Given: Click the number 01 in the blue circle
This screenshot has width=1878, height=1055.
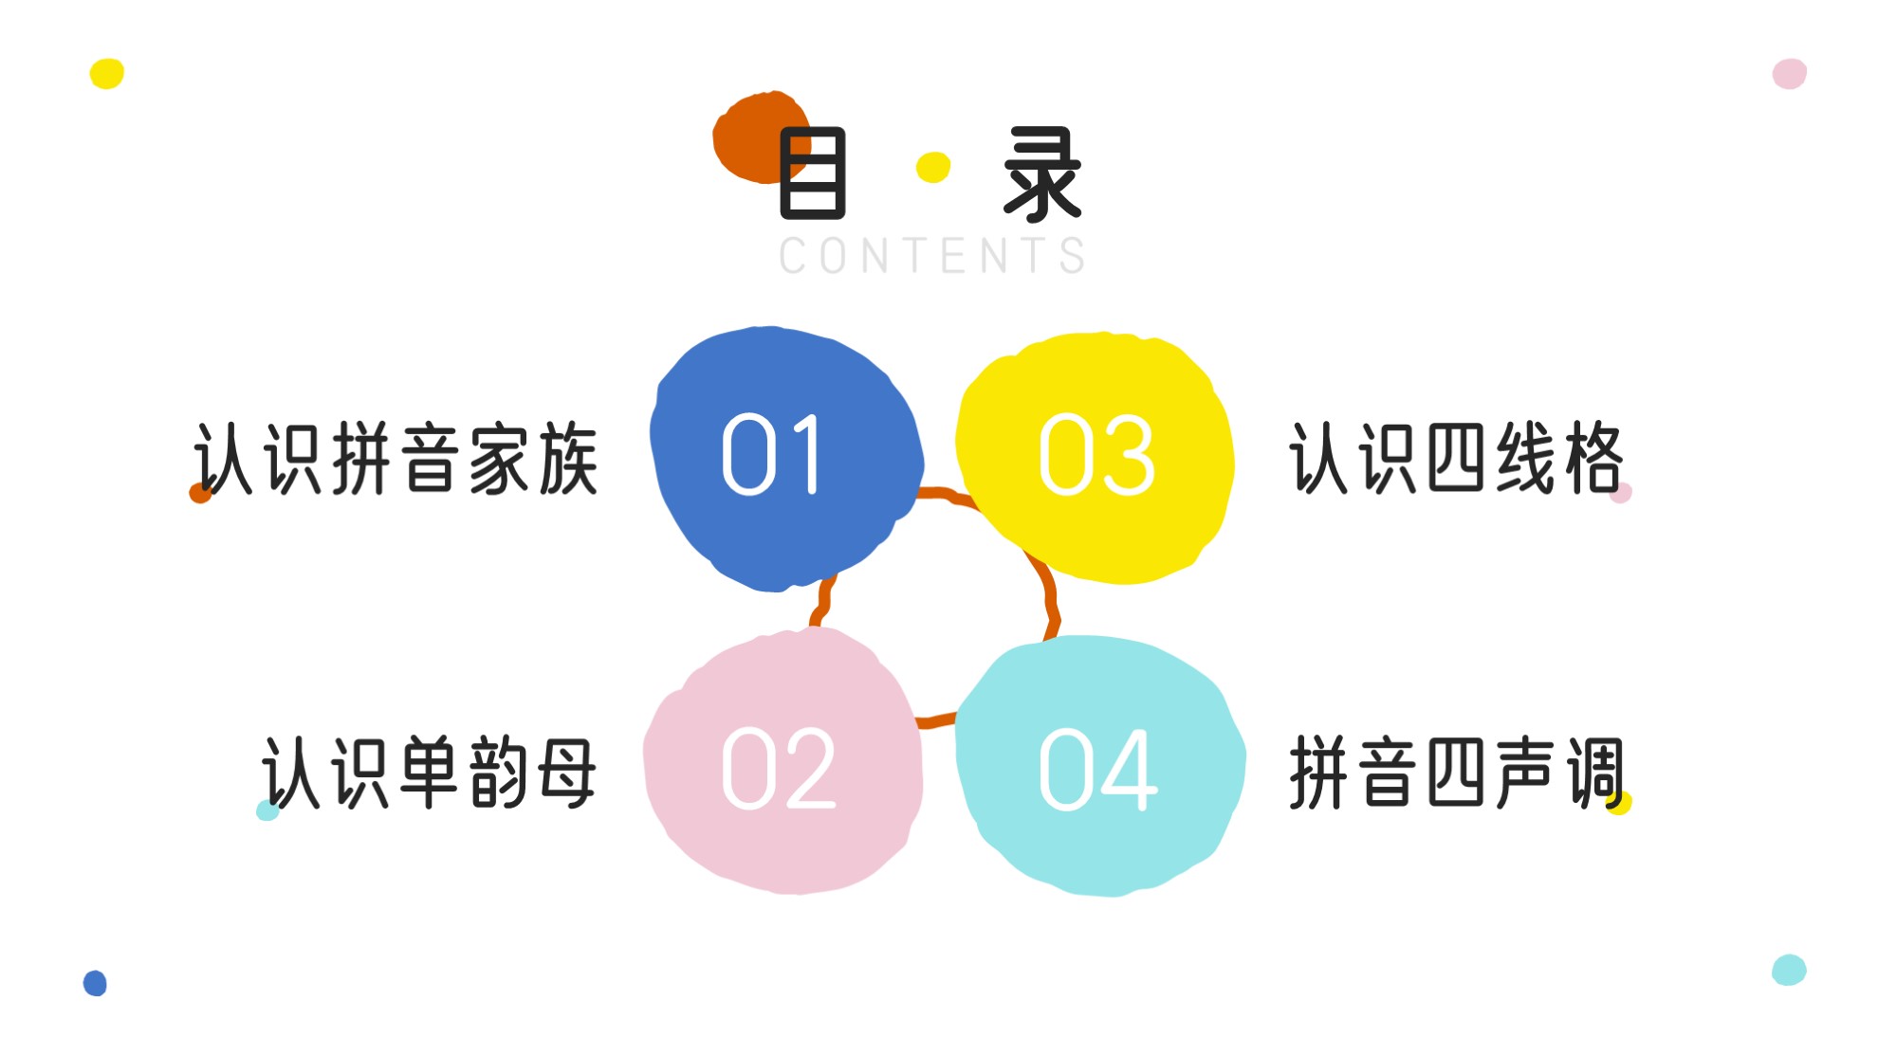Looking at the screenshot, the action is point(771,454).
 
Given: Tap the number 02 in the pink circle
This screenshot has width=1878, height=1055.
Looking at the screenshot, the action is point(779,769).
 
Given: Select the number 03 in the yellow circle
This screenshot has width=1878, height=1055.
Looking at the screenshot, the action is point(1097,455).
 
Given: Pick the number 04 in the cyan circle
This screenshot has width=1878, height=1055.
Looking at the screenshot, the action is point(1098,770).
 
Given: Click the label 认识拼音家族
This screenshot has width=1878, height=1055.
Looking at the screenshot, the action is point(396,460).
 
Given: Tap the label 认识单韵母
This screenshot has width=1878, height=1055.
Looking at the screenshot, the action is point(430,773).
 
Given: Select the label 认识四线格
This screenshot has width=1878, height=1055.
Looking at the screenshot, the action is point(1457,458).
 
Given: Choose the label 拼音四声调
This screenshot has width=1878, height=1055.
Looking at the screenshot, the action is point(1458,772).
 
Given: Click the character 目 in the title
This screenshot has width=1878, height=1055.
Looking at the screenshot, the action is point(812,173).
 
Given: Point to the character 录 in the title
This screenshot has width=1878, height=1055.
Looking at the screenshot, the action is point(1042,174).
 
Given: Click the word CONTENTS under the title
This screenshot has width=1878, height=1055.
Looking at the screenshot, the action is point(932,256).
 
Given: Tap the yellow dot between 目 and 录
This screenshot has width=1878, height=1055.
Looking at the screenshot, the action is point(933,167).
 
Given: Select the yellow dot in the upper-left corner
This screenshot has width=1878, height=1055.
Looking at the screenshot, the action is point(107,73).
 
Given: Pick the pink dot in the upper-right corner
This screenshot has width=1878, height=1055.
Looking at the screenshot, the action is point(1790,73).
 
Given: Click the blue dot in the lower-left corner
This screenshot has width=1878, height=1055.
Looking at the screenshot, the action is point(95,983).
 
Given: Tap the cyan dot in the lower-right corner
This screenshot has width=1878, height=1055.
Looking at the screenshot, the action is point(1789,970).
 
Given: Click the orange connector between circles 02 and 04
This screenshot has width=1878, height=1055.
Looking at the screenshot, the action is point(936,720).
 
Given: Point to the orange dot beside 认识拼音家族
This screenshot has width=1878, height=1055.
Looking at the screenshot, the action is point(200,493).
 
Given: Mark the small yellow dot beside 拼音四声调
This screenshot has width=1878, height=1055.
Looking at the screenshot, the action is point(1620,803).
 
